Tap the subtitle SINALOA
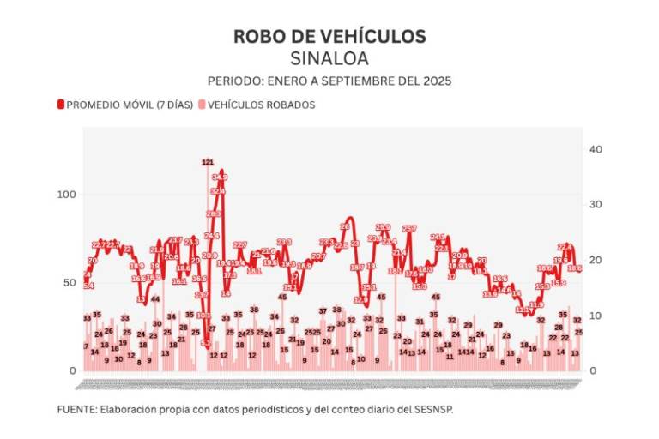coord(329,58)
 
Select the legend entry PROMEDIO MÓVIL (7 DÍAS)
coord(124,105)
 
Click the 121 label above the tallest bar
coord(208,162)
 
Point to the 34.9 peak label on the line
coord(220,177)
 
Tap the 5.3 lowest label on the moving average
coord(206,343)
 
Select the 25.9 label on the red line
coord(383,227)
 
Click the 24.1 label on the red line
coord(438,237)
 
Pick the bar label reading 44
coord(155,299)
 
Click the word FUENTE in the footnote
coord(76,409)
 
